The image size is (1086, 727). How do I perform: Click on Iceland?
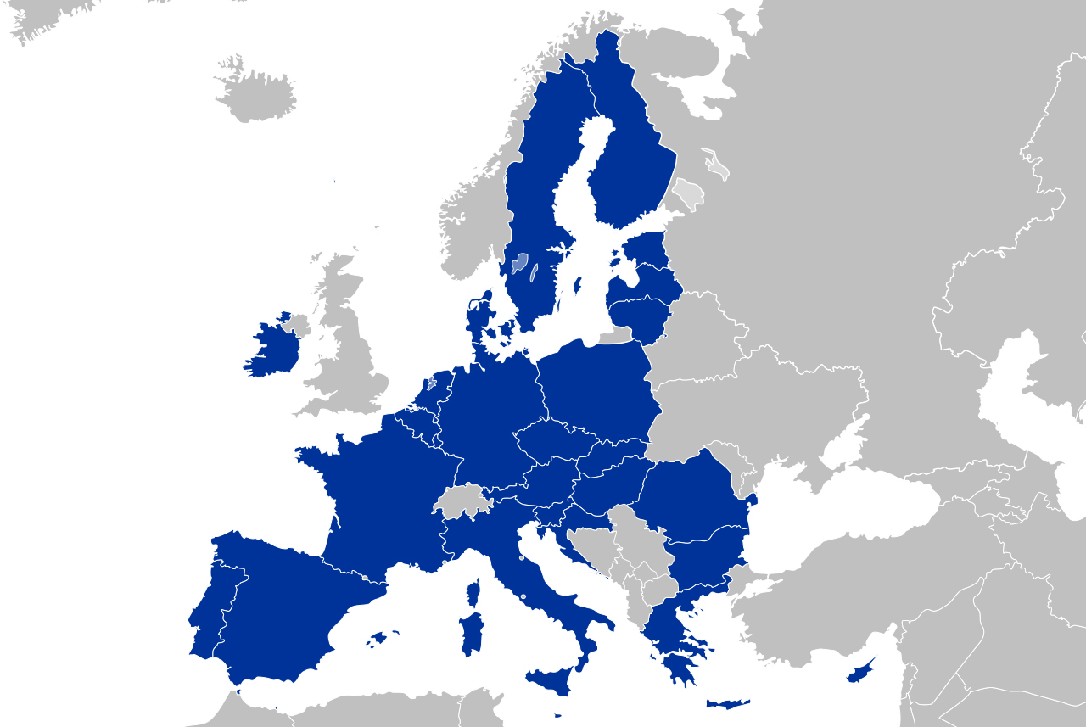pos(255,93)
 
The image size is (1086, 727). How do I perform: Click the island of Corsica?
pos(473,592)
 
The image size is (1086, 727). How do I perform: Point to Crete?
pos(728,704)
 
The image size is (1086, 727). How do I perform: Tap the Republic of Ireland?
pos(271,348)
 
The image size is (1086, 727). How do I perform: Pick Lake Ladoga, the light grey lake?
pos(687,193)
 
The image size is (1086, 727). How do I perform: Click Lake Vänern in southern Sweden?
pos(519,263)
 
